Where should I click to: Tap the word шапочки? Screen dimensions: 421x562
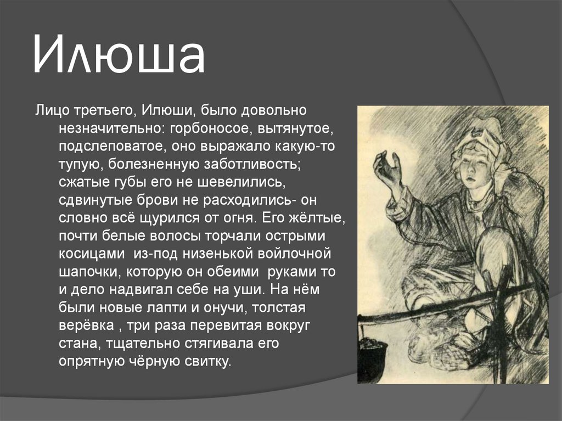point(86,272)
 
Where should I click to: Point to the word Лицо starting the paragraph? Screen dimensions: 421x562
point(50,111)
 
